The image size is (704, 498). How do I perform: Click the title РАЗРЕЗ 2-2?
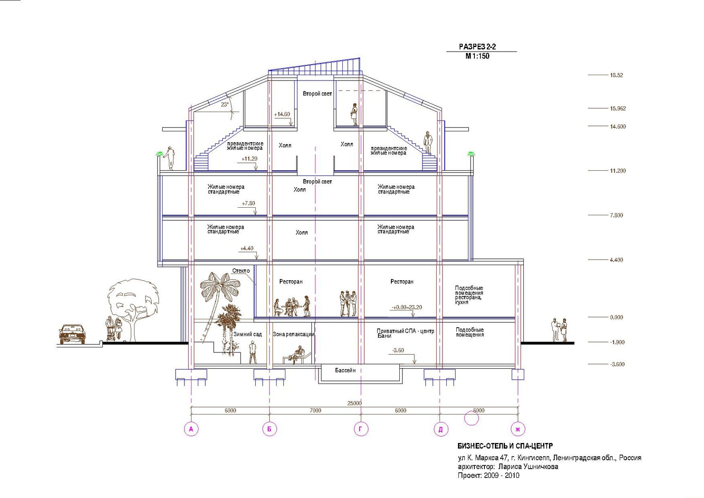click(477, 47)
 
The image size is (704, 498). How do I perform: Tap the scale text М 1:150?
click(477, 56)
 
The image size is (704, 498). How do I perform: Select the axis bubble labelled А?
click(191, 429)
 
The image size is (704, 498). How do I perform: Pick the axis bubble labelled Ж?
click(518, 429)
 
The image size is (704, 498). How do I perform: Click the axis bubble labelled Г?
click(360, 429)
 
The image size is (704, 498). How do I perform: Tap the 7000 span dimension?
click(316, 410)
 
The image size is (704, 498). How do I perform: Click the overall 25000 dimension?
click(354, 403)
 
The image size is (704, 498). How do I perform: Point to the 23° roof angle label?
click(225, 105)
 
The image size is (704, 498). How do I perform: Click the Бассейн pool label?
click(345, 370)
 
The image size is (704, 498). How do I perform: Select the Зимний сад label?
click(248, 334)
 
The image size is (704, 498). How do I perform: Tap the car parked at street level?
click(72, 334)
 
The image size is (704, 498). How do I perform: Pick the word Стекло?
click(241, 271)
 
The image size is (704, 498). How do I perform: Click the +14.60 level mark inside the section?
click(282, 114)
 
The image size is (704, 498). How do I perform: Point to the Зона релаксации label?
click(293, 334)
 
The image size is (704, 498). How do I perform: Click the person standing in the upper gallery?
click(354, 115)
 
